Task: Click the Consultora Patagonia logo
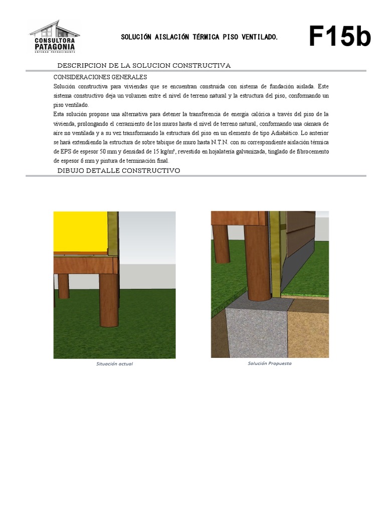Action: [x=54, y=37]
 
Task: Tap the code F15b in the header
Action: [x=339, y=37]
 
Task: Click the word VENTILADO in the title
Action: [x=259, y=38]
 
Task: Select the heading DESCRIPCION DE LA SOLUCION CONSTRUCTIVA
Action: [x=144, y=66]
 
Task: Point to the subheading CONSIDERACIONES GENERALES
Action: [x=100, y=77]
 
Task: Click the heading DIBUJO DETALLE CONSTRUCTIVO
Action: [x=119, y=171]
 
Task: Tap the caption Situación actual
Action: [x=114, y=363]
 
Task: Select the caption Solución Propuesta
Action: [x=269, y=363]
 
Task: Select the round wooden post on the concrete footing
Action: [x=258, y=266]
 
